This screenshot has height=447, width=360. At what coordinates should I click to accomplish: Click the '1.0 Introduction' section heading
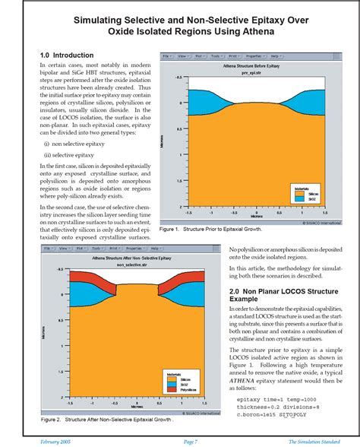(67, 55)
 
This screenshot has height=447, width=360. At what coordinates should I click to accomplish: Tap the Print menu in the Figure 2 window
(114, 249)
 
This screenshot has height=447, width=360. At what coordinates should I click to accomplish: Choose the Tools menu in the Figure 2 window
(91, 249)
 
